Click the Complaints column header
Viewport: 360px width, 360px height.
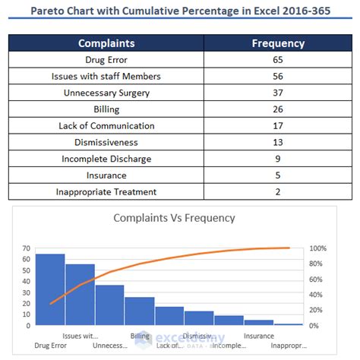tap(106, 44)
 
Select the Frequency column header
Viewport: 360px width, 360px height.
tap(278, 44)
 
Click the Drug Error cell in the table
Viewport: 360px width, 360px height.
tap(106, 61)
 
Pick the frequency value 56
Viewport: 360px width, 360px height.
tap(278, 77)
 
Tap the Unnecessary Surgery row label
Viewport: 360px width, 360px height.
tap(106, 93)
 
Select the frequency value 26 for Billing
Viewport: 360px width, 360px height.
tap(278, 109)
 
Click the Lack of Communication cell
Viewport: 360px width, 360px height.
tap(106, 126)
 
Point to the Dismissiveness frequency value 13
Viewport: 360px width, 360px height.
tap(278, 142)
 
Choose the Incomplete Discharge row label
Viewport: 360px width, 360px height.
tap(106, 159)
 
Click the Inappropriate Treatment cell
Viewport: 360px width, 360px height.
tap(106, 191)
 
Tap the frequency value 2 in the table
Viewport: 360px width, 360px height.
tap(278, 191)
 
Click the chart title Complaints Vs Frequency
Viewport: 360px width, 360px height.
tap(174, 218)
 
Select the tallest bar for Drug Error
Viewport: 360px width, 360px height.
tap(50, 289)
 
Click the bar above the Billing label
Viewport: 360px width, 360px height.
tap(140, 311)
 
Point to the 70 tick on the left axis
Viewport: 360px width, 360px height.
tap(26, 248)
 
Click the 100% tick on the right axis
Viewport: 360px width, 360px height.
tap(319, 248)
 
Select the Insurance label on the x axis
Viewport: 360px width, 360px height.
tap(259, 335)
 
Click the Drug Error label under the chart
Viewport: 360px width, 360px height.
tap(50, 346)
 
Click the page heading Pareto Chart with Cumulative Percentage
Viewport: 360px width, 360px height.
tap(179, 11)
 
